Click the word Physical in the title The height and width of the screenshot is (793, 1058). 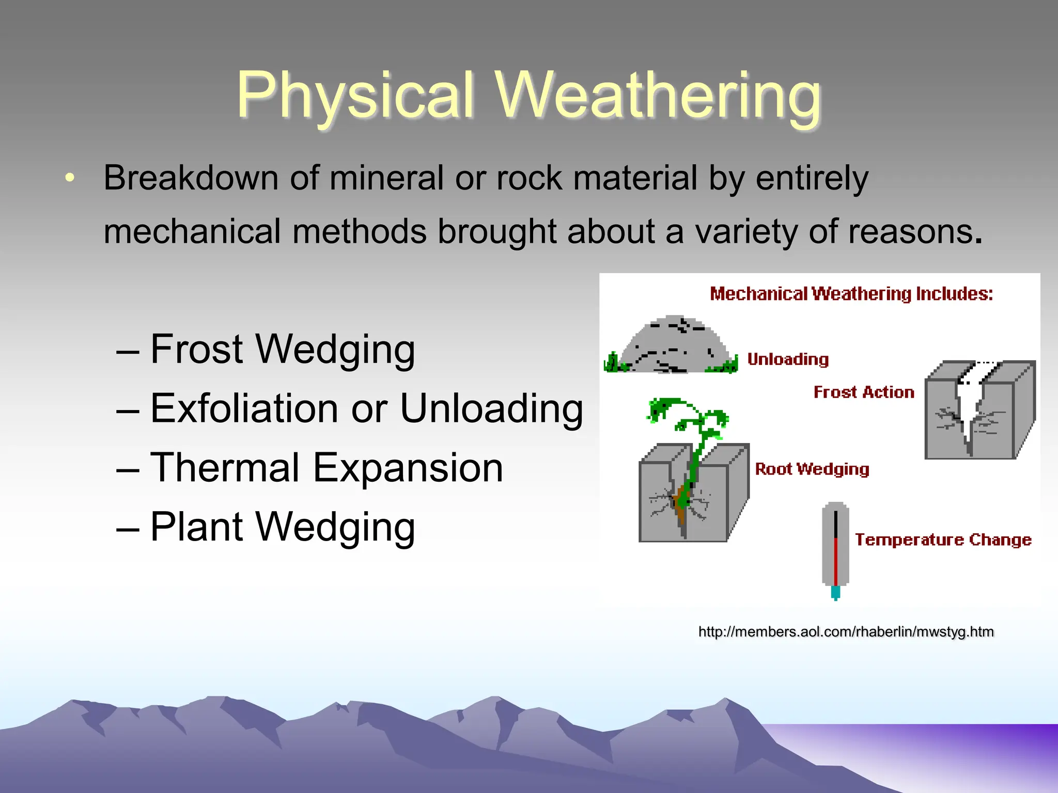[355, 97]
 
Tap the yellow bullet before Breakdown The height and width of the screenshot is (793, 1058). [70, 178]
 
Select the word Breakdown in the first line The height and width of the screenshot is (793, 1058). [191, 178]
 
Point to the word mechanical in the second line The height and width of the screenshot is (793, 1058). [192, 231]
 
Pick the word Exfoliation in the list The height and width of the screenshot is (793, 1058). [244, 408]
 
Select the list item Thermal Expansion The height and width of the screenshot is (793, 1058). [326, 468]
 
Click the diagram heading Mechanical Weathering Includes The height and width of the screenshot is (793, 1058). [851, 294]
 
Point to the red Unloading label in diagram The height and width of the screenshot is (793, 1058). [788, 359]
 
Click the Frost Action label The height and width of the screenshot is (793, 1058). [864, 392]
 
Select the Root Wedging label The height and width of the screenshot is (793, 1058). [812, 469]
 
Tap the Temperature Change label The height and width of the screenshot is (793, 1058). [943, 540]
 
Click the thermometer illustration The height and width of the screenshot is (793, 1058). [835, 547]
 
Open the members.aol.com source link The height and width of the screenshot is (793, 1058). [846, 632]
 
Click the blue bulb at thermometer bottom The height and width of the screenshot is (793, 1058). [835, 592]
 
